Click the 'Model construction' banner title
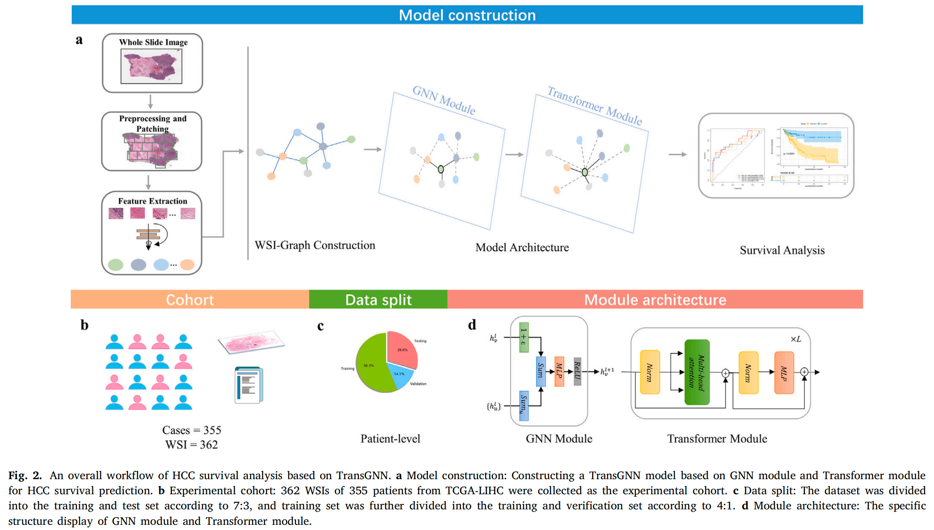click(x=467, y=15)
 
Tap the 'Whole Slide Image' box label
click(x=153, y=42)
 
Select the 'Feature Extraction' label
click(x=152, y=201)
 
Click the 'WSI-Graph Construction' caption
click(x=315, y=245)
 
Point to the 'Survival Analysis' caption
click(x=782, y=250)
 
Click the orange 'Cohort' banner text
click(x=190, y=300)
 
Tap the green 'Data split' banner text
click(x=378, y=300)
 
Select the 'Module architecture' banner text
click(x=655, y=300)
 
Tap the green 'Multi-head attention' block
click(x=697, y=372)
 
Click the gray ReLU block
click(x=577, y=371)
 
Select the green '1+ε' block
click(x=524, y=337)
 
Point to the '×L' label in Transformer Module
click(x=795, y=339)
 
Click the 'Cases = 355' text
click(x=191, y=430)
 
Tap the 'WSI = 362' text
click(x=191, y=445)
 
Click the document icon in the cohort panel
click(x=249, y=385)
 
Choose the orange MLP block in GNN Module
click(x=559, y=371)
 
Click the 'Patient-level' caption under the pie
click(x=390, y=439)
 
